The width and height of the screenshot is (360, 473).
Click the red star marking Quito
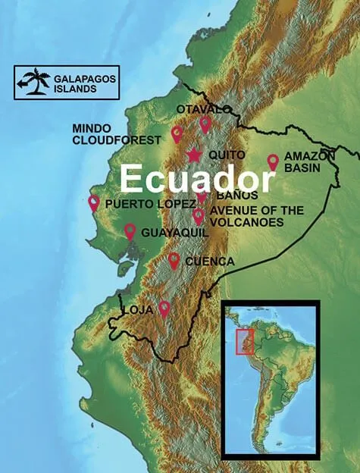point(193,155)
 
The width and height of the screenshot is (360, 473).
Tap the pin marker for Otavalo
point(205,124)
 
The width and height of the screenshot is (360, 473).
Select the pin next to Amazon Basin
point(273,162)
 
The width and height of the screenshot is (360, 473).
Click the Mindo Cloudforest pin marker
point(177,134)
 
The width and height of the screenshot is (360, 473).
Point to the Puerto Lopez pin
point(94,202)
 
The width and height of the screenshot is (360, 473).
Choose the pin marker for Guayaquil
point(130,231)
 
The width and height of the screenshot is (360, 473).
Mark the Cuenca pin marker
point(174,261)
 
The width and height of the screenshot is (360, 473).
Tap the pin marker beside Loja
point(164,309)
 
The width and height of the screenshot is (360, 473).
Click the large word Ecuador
point(196,180)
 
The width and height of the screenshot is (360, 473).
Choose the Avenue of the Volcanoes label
point(247,216)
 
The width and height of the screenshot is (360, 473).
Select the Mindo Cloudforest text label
point(117,134)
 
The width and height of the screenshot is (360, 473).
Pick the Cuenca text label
point(209,262)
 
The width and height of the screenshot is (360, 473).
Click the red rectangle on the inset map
point(245,343)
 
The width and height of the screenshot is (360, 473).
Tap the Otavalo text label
point(202,110)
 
